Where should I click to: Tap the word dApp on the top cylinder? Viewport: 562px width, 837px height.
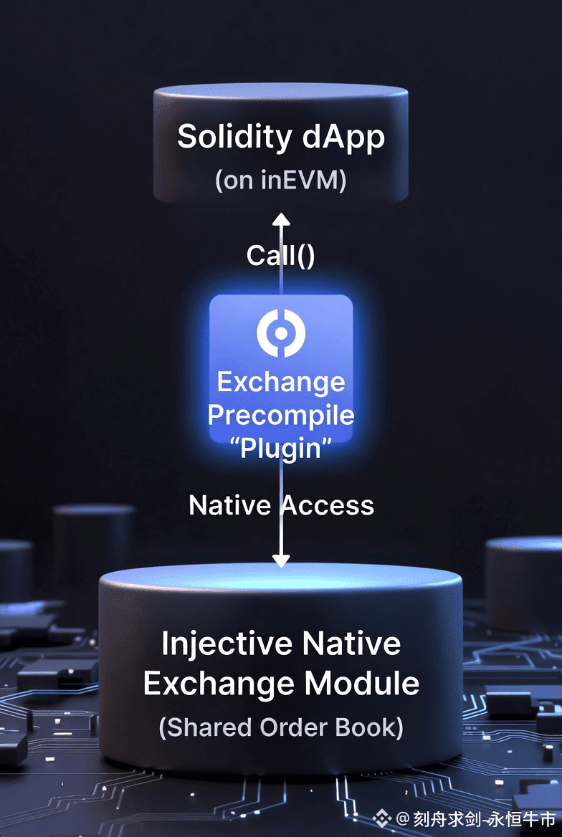point(343,138)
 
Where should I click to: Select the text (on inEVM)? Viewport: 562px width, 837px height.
point(281,179)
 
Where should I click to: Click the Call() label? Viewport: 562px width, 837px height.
point(280,255)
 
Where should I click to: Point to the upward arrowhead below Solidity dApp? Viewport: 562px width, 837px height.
point(281,219)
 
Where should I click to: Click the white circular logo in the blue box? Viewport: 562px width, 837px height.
point(281,333)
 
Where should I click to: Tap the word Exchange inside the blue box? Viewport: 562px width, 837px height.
point(281,382)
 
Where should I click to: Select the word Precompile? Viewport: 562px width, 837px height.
point(281,416)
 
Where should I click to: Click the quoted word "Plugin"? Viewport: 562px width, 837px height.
point(281,449)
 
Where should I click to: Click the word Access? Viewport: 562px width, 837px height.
point(328,505)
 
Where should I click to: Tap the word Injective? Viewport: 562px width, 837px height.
point(226,644)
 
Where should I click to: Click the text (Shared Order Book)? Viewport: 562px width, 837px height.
point(281,727)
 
